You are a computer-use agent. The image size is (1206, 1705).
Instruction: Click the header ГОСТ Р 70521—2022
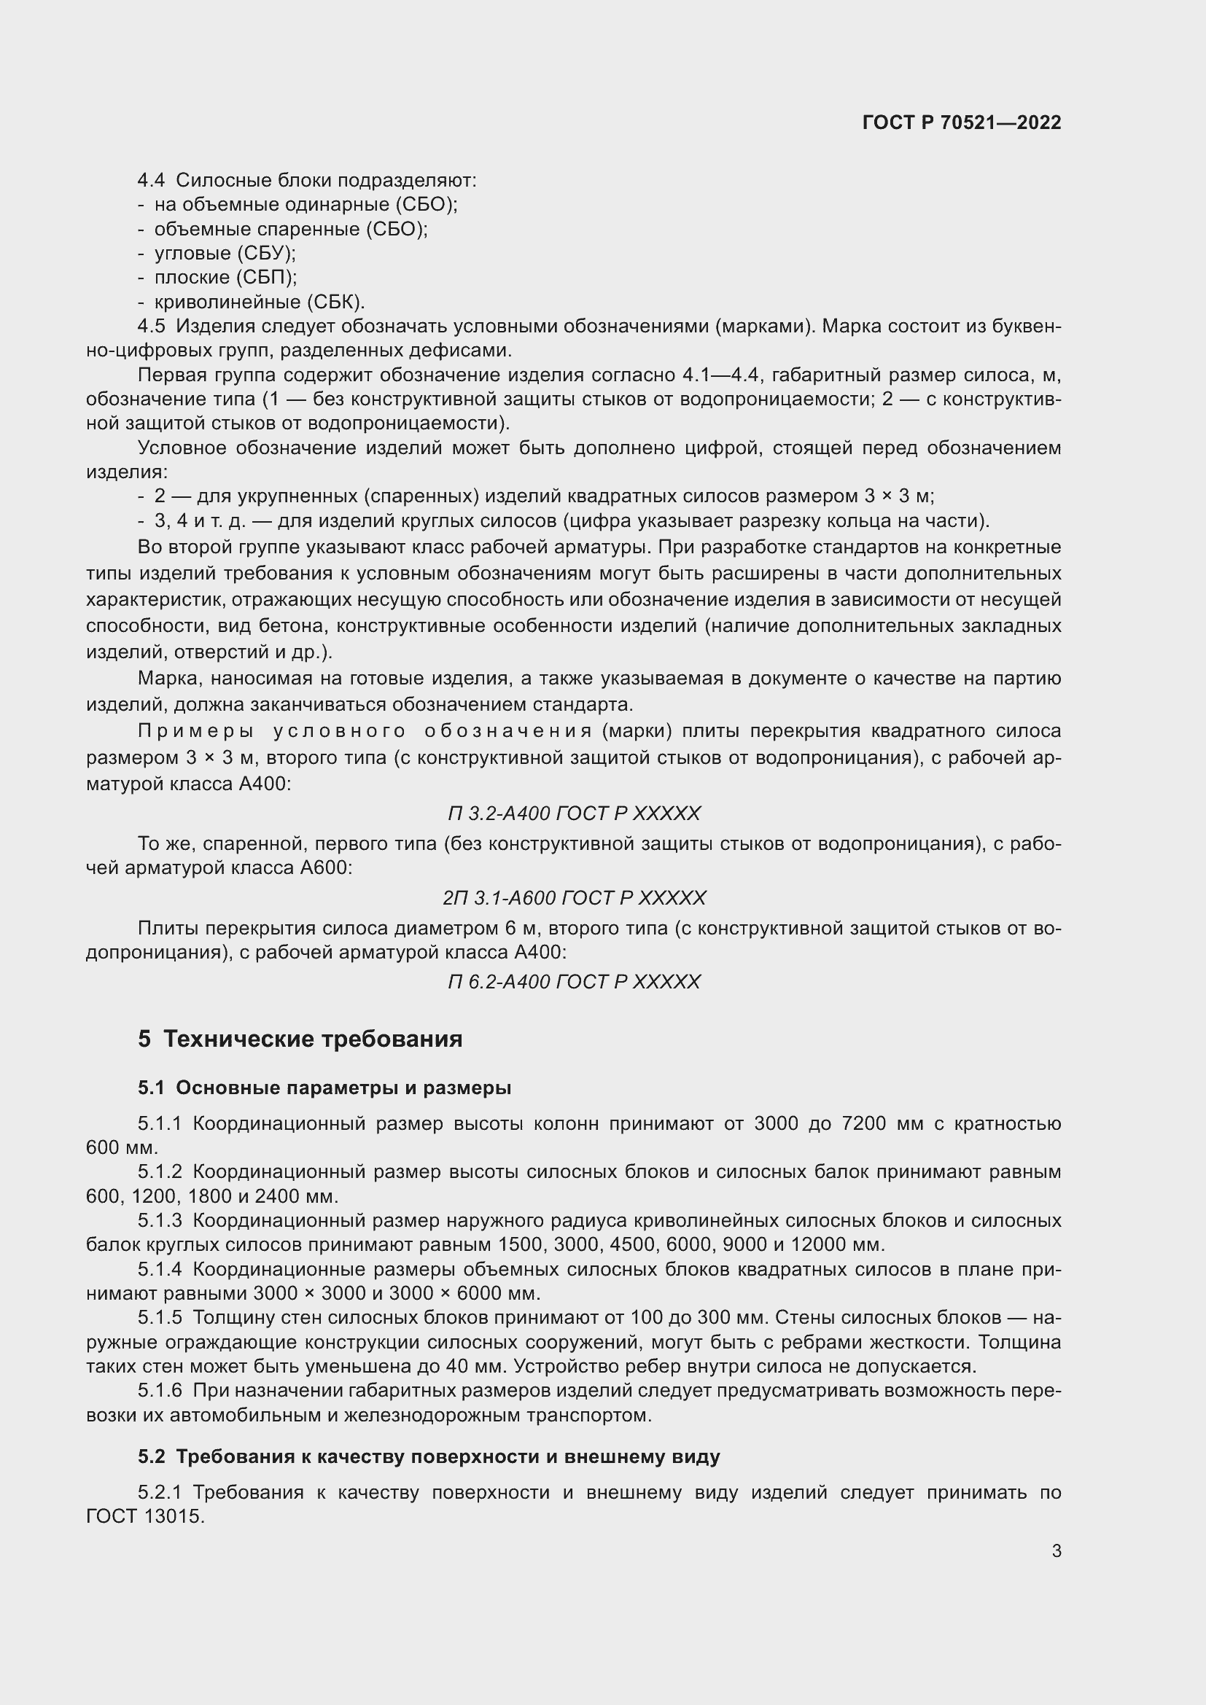(x=962, y=122)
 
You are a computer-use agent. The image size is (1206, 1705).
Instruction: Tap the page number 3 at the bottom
(x=1056, y=1550)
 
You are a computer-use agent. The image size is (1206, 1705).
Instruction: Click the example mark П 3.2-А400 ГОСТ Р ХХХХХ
(x=574, y=814)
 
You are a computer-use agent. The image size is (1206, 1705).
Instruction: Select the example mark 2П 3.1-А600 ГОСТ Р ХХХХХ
(x=574, y=899)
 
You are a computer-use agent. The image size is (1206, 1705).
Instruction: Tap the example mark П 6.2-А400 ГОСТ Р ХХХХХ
(x=574, y=983)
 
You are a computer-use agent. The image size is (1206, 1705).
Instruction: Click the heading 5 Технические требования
(x=300, y=1039)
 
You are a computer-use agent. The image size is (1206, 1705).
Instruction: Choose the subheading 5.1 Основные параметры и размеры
(x=324, y=1088)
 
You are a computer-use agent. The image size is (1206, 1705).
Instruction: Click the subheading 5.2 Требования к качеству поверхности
(x=429, y=1457)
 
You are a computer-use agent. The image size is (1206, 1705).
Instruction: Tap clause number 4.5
(x=152, y=326)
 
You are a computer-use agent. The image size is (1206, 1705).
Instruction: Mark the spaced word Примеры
(x=196, y=731)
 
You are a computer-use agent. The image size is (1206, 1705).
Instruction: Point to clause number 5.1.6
(x=160, y=1391)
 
